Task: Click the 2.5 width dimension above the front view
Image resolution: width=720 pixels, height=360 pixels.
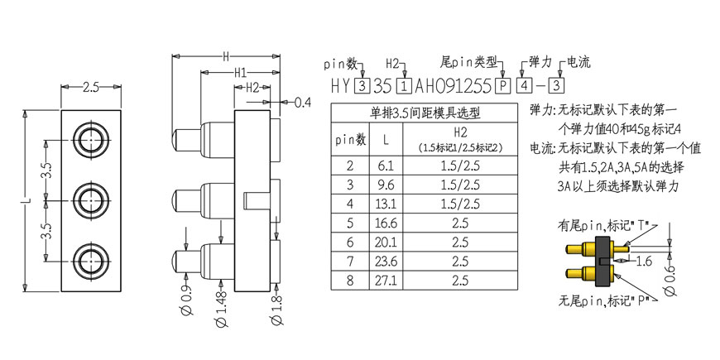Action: (91, 87)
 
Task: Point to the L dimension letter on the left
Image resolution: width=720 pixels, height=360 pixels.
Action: (27, 200)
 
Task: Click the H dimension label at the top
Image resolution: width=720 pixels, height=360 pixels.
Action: (226, 56)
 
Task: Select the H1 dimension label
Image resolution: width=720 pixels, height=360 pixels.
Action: (241, 73)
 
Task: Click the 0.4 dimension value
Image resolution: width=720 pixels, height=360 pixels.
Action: (303, 103)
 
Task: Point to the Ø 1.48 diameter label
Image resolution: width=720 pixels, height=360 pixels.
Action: (221, 307)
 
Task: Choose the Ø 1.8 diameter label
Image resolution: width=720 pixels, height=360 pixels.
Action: (277, 309)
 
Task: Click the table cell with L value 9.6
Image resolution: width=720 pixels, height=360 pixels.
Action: (386, 185)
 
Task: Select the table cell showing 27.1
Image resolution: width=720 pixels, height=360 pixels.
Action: (386, 280)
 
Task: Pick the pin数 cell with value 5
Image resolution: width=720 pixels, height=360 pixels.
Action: (350, 223)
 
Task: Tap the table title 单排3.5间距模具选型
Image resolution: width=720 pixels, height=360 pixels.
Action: (425, 113)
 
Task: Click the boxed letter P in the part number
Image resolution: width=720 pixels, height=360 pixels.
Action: (503, 86)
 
